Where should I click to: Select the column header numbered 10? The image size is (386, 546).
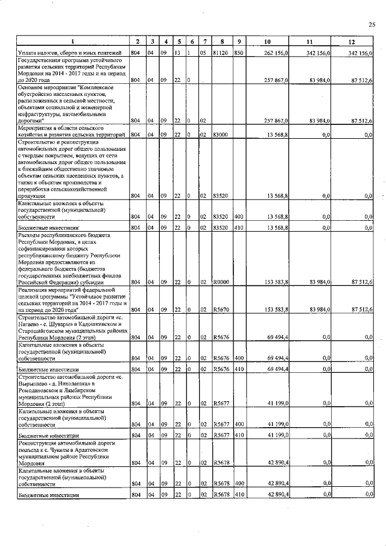[267, 42]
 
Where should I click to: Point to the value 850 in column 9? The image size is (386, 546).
[239, 53]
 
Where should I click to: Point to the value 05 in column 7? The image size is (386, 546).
[203, 53]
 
